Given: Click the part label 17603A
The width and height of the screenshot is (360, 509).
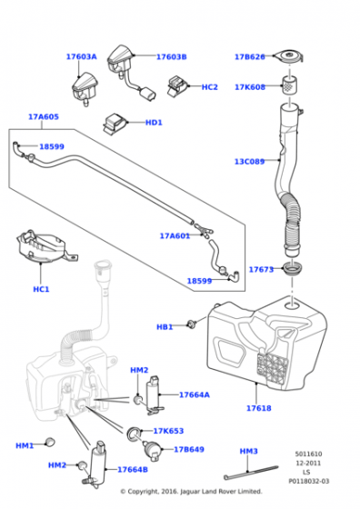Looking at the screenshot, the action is tap(82, 56).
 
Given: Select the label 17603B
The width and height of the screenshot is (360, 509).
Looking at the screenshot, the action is tap(172, 56).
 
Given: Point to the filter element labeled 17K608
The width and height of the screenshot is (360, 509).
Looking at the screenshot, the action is tap(289, 85).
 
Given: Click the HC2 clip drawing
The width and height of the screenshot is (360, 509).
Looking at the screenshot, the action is tap(178, 86).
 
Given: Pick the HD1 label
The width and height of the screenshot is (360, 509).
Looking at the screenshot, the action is tap(154, 123).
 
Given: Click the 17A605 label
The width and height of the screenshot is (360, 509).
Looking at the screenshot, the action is tap(44, 117).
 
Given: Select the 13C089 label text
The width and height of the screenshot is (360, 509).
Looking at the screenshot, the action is tap(249, 162).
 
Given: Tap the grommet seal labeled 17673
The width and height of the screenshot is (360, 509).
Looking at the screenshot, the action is tap(293, 269).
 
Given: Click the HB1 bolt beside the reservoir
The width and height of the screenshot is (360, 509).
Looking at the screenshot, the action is tap(191, 324).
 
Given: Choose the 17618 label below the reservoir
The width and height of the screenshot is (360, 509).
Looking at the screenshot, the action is tap(259, 408).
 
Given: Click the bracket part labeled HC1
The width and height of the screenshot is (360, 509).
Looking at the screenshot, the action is tap(45, 247).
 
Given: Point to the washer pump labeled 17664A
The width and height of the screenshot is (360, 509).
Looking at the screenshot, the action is tap(154, 395).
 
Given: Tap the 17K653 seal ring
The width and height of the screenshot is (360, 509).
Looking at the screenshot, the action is tap(134, 434).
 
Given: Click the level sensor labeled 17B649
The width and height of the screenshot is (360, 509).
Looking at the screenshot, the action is tap(152, 450).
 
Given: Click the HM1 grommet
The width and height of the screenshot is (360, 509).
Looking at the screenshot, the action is tap(50, 442).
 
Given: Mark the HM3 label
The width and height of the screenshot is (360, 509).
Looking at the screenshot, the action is tap(249, 451).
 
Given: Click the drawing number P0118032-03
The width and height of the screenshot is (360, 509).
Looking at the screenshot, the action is tap(309, 482).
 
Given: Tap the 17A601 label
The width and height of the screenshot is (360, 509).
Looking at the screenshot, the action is tap(175, 236).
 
